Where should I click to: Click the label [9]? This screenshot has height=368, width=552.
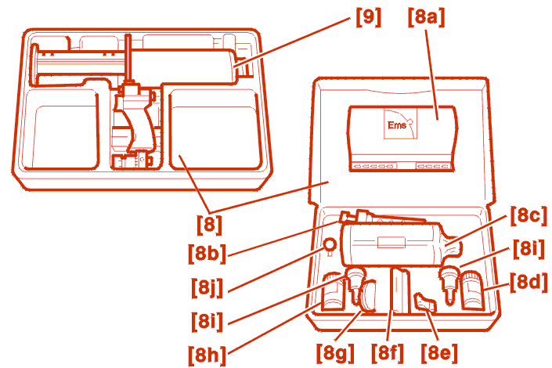click(368, 17)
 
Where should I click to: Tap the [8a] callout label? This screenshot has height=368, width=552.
click(427, 17)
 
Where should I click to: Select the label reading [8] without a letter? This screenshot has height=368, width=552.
click(208, 225)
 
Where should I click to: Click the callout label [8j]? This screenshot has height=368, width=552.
click(208, 287)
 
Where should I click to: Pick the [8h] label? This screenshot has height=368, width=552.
click(208, 353)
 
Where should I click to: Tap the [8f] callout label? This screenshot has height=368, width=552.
click(388, 353)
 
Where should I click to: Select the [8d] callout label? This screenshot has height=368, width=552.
click(528, 282)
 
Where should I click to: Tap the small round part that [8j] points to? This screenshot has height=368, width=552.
click(330, 246)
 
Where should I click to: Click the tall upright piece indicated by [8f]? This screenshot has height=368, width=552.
click(400, 290)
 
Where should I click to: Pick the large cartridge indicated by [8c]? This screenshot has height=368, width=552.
click(395, 244)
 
